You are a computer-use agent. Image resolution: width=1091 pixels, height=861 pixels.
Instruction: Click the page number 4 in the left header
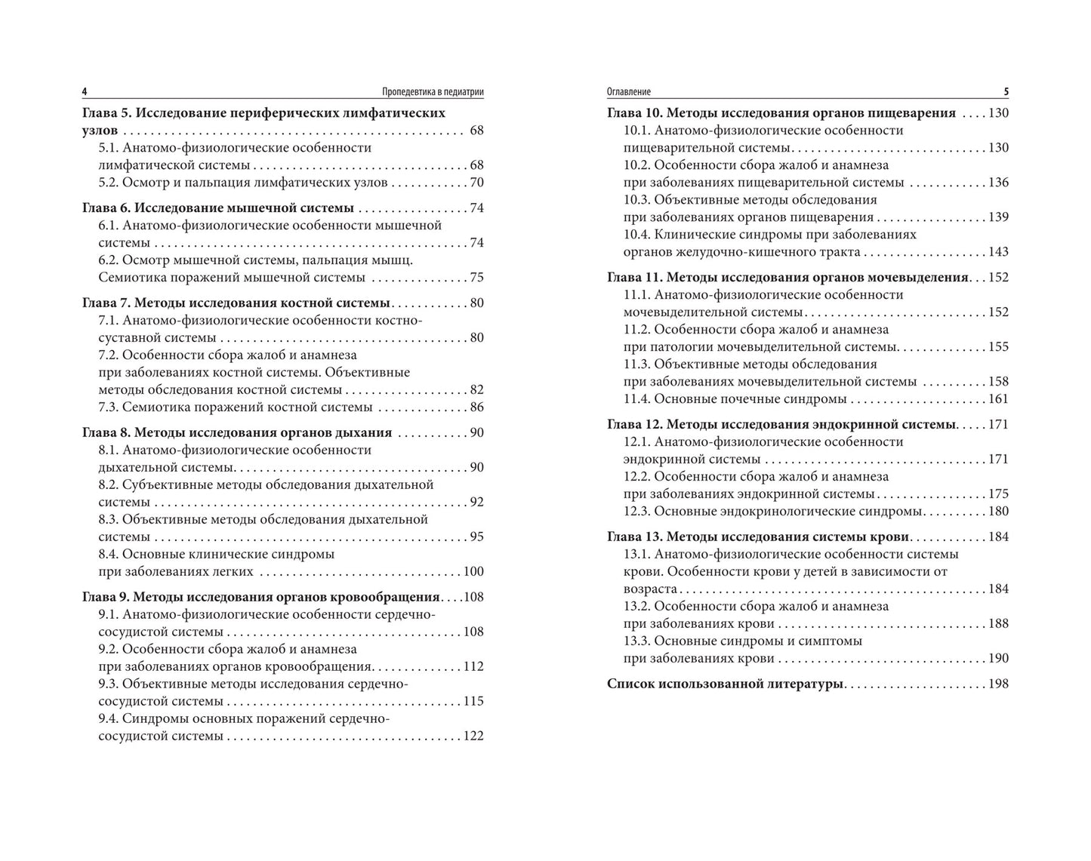tap(85, 92)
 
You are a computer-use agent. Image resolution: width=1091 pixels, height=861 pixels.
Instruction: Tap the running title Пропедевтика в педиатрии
tap(433, 92)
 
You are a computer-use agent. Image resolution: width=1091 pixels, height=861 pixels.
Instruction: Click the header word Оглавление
tap(628, 92)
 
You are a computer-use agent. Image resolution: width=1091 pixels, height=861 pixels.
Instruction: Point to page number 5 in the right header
tap(1006, 92)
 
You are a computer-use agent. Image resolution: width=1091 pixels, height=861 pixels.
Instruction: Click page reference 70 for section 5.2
tap(476, 183)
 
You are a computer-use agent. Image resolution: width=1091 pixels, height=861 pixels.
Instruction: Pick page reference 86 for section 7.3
tap(476, 407)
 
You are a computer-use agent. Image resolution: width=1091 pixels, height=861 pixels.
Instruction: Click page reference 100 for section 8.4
tap(473, 572)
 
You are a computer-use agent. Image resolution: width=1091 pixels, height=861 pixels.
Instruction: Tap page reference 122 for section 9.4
tap(473, 736)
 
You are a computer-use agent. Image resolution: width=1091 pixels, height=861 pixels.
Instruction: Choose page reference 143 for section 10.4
tap(998, 252)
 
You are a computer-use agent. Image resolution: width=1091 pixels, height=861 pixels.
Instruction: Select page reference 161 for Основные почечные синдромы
tap(998, 399)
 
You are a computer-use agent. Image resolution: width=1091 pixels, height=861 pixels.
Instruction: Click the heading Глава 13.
tap(635, 537)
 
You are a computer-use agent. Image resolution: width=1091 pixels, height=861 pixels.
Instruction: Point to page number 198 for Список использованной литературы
tap(998, 684)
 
